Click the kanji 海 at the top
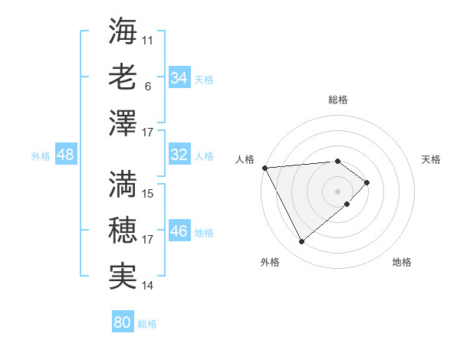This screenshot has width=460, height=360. [123, 31]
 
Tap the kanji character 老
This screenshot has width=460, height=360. [123, 77]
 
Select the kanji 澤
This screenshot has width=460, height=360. [123, 123]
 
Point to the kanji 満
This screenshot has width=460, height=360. [123, 184]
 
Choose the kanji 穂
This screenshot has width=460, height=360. [123, 230]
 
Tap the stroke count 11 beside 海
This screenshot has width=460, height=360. [149, 38]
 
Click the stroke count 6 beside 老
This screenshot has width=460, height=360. [148, 87]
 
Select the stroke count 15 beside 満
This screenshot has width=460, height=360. [149, 193]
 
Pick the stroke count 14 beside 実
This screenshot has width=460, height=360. [149, 286]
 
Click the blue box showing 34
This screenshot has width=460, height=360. [179, 78]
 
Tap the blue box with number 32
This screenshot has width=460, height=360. [179, 155]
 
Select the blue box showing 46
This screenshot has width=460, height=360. [179, 231]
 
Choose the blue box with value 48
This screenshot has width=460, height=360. [66, 155]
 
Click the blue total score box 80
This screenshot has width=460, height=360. [122, 322]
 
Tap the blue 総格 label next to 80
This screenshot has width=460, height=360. [147, 324]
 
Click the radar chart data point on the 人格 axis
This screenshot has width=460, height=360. [264, 167]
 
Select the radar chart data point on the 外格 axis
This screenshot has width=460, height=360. [301, 242]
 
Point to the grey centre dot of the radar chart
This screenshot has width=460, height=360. [337, 191]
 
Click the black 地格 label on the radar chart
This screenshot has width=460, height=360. [402, 263]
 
